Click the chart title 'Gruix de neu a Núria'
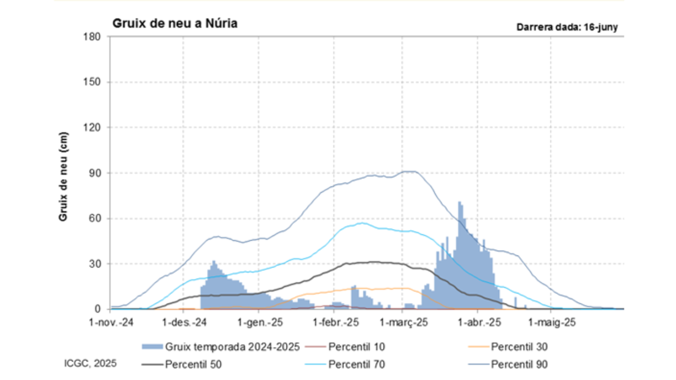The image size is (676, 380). click(x=174, y=24)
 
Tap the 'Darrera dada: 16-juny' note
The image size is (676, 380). click(x=567, y=27)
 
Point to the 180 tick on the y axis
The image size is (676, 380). click(x=94, y=36)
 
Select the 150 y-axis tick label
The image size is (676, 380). click(x=94, y=82)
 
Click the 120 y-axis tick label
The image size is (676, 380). click(x=94, y=127)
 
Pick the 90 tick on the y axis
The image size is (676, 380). click(x=97, y=173)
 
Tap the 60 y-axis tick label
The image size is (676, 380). click(x=97, y=218)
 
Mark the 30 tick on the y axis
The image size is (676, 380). click(x=97, y=264)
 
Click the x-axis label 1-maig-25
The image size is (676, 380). click(x=551, y=322)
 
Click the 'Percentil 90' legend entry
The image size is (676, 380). click(x=519, y=364)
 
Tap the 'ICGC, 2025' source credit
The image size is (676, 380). click(x=90, y=363)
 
